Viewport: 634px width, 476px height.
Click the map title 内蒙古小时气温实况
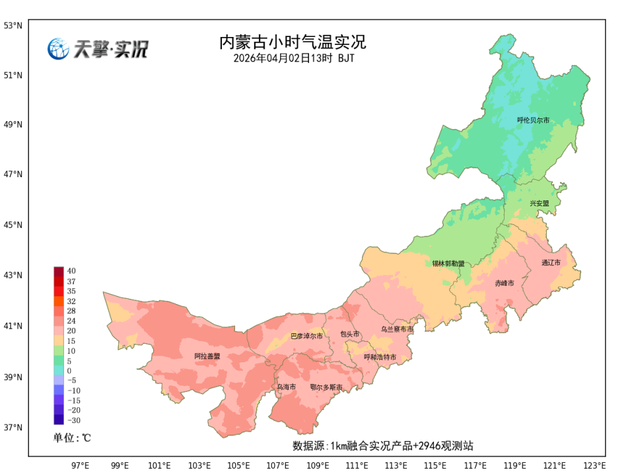tap(292, 42)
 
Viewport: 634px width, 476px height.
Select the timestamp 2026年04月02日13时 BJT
tap(293, 58)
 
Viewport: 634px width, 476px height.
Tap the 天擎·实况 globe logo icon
tap(58, 49)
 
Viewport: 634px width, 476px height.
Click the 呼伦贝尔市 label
tap(533, 120)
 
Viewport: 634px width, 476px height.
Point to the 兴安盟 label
tap(539, 204)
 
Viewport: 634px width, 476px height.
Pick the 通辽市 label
tap(551, 262)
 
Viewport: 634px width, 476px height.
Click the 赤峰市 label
tap(505, 283)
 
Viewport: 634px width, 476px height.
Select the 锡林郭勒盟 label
tap(448, 263)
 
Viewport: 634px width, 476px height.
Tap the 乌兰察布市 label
tap(397, 329)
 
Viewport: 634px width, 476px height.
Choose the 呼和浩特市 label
tap(380, 357)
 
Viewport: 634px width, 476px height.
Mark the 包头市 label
tap(350, 335)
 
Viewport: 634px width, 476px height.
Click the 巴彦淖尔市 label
tap(307, 336)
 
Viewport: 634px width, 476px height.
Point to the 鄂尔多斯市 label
tap(326, 387)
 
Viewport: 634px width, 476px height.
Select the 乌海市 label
tap(286, 387)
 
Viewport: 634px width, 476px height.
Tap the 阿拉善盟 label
tap(207, 356)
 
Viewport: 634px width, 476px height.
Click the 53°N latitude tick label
tap(13, 26)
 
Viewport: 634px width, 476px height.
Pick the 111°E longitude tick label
tap(357, 465)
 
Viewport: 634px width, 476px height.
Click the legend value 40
tap(71, 271)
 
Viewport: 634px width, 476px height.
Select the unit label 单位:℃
tap(72, 438)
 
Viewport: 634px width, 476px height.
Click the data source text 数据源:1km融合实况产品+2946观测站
tap(383, 446)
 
